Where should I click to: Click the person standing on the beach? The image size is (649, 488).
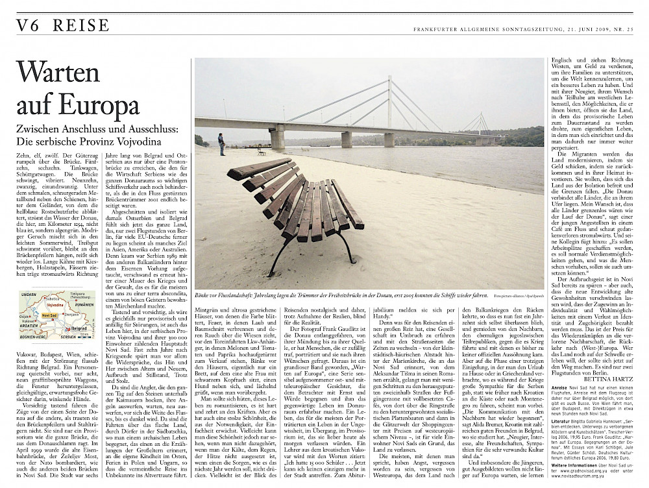[222, 143]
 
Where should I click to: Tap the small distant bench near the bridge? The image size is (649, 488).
[261, 151]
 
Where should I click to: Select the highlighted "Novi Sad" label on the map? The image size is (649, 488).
[49, 315]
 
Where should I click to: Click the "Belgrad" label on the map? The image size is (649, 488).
[79, 328]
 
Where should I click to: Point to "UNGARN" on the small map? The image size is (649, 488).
[30, 295]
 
